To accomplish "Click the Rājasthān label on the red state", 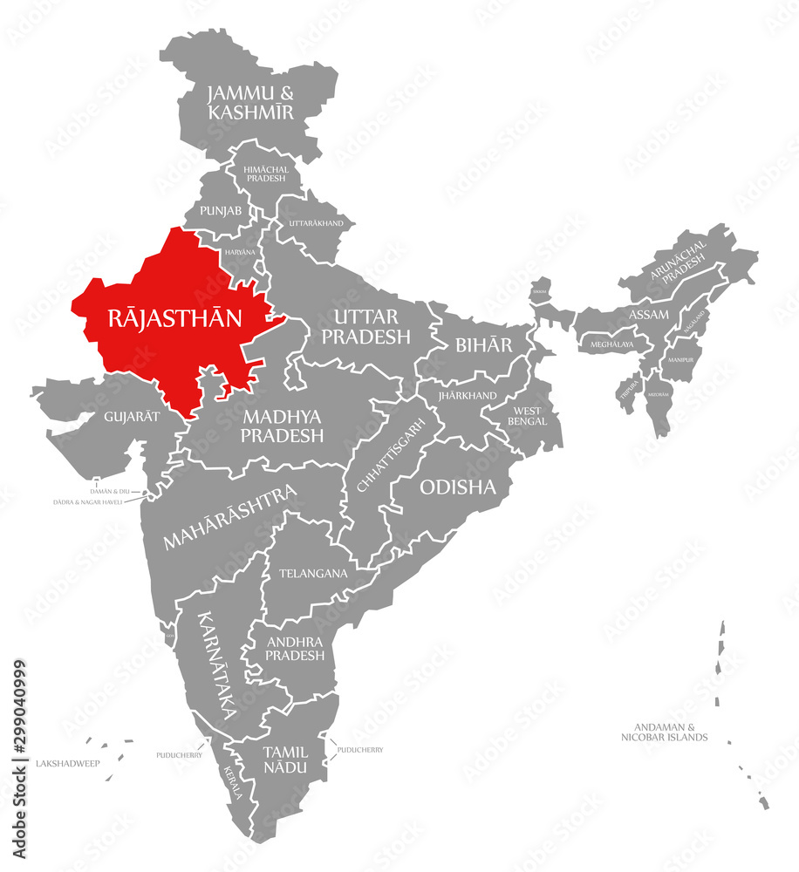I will point(174,317).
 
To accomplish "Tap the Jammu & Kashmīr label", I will point(249,102).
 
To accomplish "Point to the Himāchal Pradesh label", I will point(266,173).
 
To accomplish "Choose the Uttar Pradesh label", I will point(366,326).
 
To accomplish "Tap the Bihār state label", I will point(484,344).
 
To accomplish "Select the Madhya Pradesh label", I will point(283,426).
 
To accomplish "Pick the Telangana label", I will point(313,574).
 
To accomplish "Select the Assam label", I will point(648,314).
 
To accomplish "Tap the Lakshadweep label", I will point(68,763).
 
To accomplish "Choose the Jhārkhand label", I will point(468,395).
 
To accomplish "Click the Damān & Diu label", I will point(110,492).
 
